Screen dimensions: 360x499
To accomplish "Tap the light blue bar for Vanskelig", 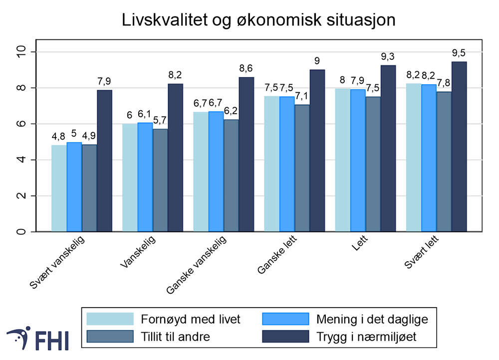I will click(x=130, y=178).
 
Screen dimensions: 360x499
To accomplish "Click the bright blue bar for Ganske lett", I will click(x=287, y=164).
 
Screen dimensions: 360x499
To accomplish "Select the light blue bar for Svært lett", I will click(x=413, y=157).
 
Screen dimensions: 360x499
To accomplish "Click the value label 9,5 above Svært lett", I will click(x=459, y=53).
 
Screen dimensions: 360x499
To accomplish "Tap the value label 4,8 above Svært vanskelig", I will click(x=59, y=137).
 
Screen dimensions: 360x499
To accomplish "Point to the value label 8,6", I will click(x=246, y=68).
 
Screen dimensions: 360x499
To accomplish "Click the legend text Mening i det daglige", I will click(x=372, y=319).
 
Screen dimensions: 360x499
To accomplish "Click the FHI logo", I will click(x=38, y=340).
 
